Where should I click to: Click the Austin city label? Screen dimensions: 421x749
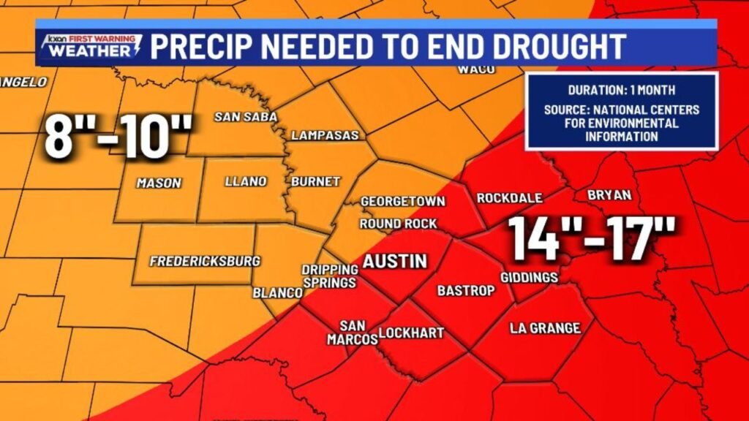click(395, 261)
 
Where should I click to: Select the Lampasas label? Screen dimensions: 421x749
click(325, 135)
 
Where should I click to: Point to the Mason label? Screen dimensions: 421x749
click(159, 183)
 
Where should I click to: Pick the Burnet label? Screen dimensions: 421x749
click(316, 181)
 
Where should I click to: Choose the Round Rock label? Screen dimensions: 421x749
click(398, 224)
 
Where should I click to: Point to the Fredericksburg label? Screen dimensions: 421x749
click(205, 261)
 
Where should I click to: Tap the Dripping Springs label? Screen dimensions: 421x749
click(329, 276)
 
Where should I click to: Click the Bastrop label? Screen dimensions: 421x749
click(466, 290)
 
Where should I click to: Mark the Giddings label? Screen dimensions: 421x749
click(530, 278)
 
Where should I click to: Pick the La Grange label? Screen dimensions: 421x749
click(545, 328)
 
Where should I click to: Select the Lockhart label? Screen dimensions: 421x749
click(412, 333)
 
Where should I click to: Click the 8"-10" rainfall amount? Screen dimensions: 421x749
click(118, 137)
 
